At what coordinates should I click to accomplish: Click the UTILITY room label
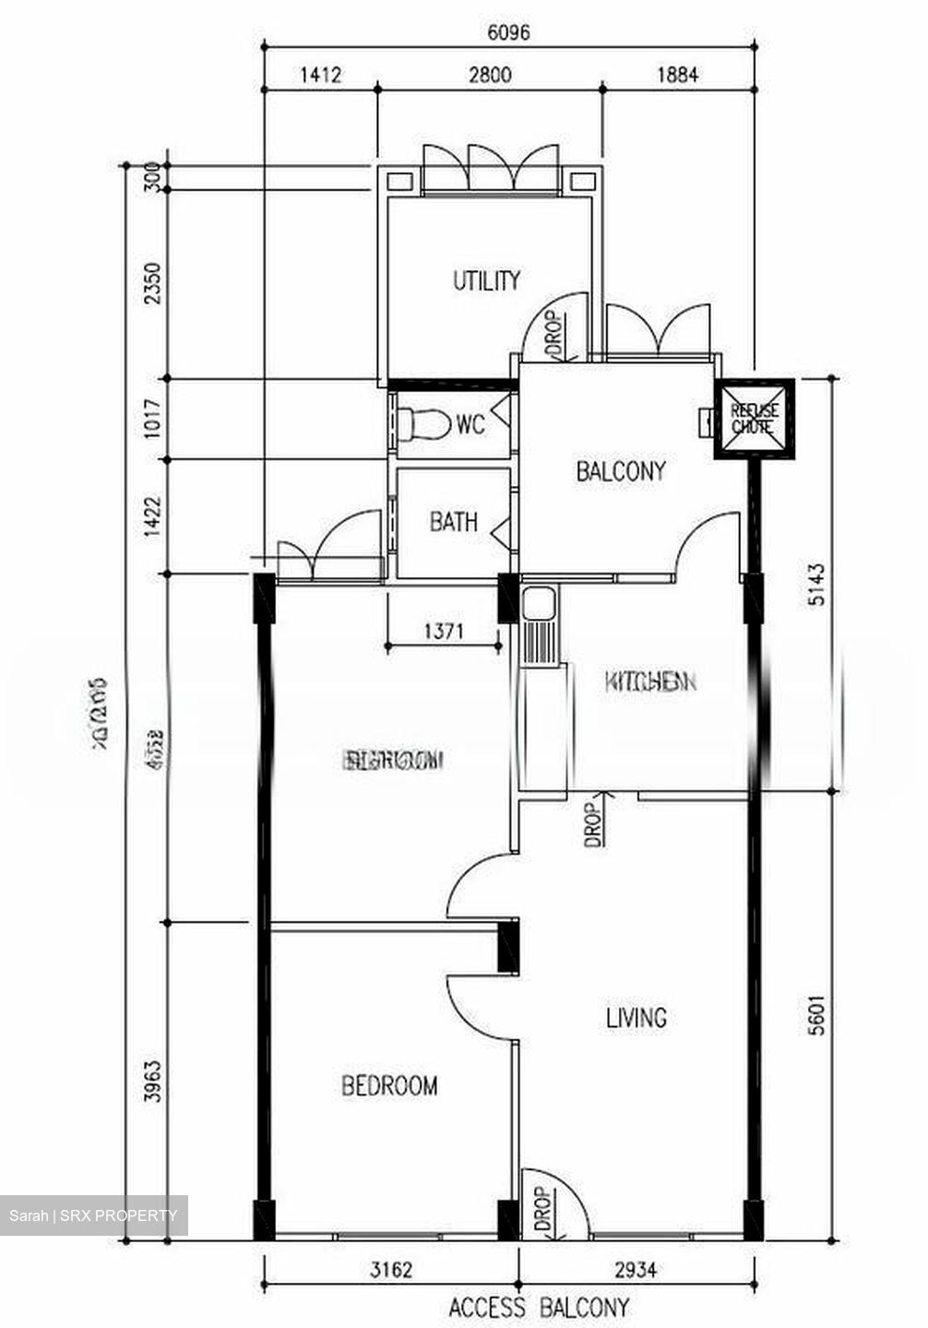(486, 280)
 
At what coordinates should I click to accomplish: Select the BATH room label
(454, 523)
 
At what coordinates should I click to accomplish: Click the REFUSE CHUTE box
(755, 418)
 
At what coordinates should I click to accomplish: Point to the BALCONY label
(620, 471)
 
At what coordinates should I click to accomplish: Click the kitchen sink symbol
(536, 605)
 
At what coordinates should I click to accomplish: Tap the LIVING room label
(637, 1018)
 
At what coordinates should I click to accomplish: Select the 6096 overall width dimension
(508, 32)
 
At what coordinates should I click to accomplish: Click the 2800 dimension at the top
(489, 76)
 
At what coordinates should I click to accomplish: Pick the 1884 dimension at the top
(677, 76)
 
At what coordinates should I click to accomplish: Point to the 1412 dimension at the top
(320, 76)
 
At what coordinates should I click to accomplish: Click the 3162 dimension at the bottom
(391, 1270)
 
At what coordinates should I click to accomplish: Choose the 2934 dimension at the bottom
(636, 1270)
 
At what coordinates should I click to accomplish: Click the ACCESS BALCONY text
(539, 1308)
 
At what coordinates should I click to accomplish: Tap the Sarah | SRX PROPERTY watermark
(93, 1215)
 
